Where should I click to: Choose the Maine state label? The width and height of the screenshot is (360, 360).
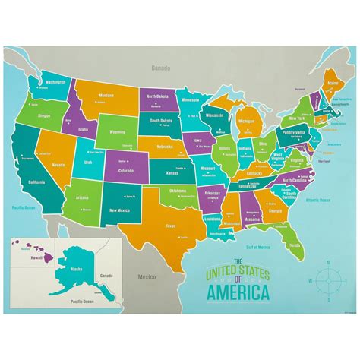pyautogui.click(x=332, y=83)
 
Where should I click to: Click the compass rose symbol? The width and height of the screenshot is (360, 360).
pyautogui.click(x=328, y=279)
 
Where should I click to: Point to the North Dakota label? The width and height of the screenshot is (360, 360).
pyautogui.click(x=157, y=96)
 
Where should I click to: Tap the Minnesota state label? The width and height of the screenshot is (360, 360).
pyautogui.click(x=190, y=99)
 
